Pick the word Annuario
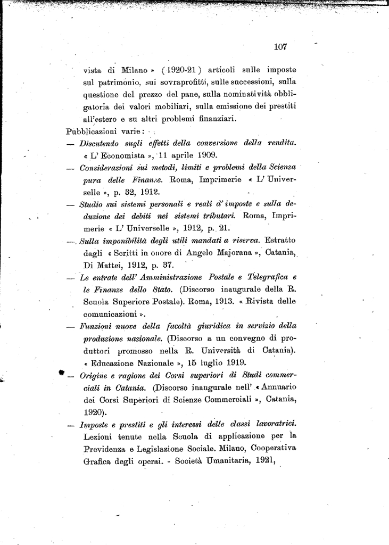(276, 387)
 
